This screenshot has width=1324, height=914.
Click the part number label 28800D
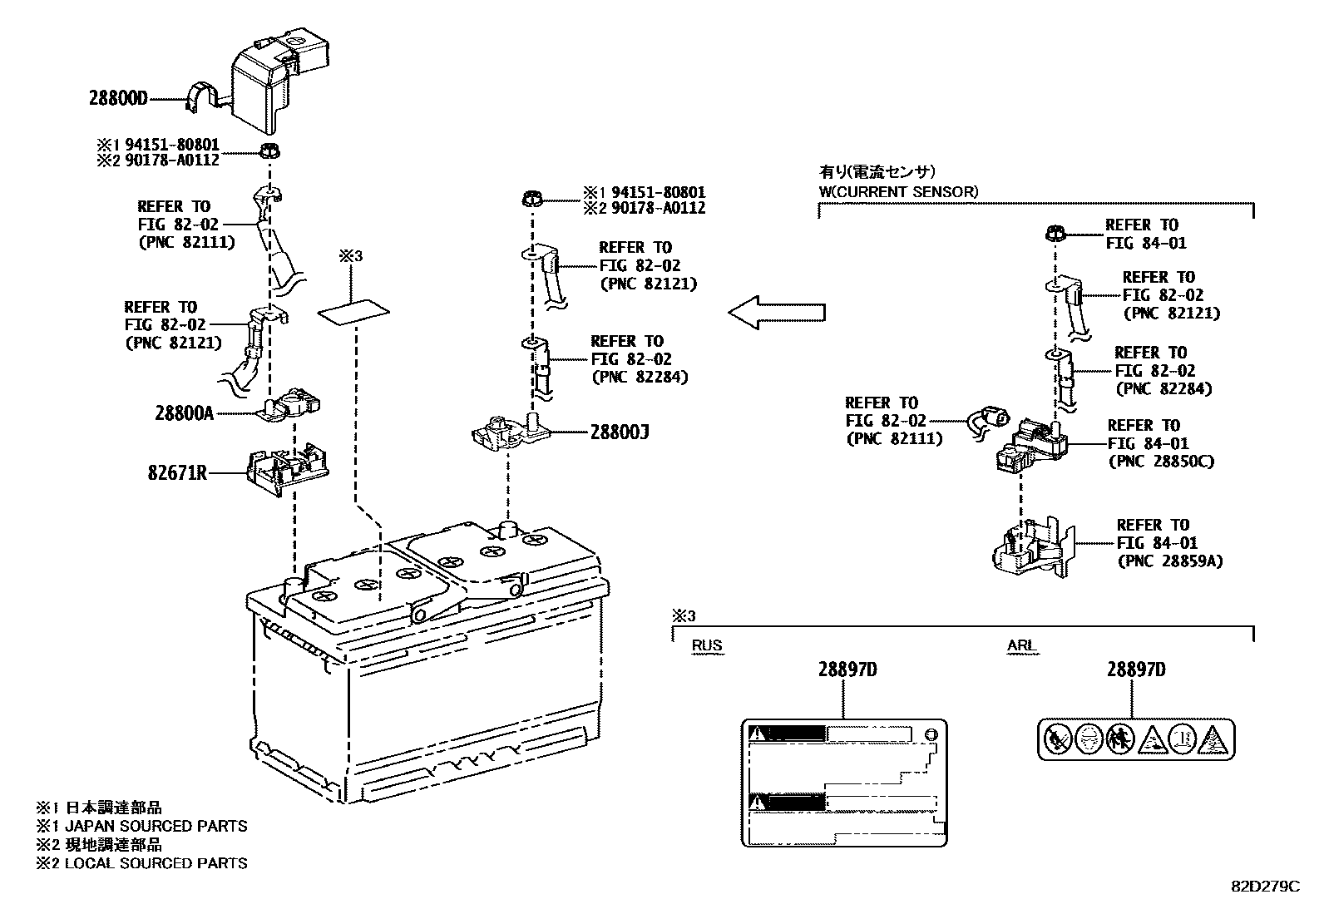[118, 98]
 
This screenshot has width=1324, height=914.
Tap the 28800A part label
[184, 413]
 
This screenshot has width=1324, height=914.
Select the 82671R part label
[177, 473]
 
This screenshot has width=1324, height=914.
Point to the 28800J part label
[620, 432]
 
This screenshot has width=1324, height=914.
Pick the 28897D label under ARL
[1135, 669]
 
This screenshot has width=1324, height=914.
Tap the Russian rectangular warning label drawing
[843, 783]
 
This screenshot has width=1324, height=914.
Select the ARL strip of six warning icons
[1136, 739]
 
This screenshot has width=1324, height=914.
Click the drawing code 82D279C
[1264, 887]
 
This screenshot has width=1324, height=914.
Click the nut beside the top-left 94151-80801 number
[269, 151]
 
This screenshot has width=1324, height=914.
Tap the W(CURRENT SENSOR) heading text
[898, 191]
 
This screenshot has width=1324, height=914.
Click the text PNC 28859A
[1168, 561]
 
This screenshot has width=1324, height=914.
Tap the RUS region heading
[707, 645]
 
